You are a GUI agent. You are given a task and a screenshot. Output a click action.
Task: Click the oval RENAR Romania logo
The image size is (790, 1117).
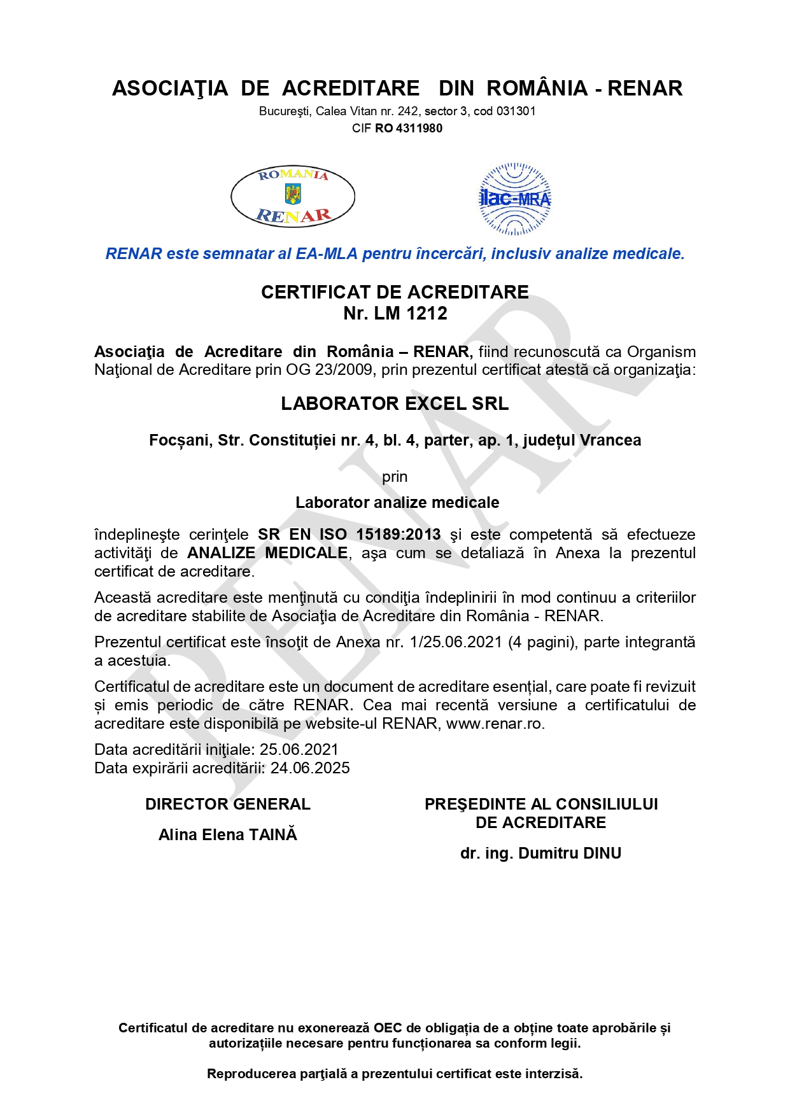click(x=293, y=196)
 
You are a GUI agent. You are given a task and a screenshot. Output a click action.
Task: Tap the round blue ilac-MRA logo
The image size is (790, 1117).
click(x=515, y=199)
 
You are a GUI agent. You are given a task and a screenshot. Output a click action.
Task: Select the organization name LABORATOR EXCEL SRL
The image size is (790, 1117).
click(x=395, y=404)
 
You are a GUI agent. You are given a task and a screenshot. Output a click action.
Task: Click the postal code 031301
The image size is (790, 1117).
click(x=516, y=111)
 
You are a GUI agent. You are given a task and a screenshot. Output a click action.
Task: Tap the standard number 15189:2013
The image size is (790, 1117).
click(x=399, y=535)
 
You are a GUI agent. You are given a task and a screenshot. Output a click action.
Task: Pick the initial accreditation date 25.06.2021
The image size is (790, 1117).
click(x=299, y=749)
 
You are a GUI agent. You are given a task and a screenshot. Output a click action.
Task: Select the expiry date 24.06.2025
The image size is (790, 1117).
click(x=310, y=768)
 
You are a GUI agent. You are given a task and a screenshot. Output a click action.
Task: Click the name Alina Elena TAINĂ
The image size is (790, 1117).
click(x=228, y=834)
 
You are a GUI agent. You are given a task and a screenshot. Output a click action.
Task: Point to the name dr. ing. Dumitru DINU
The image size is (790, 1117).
click(x=540, y=853)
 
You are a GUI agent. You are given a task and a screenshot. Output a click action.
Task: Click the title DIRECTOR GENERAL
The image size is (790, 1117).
click(x=228, y=804)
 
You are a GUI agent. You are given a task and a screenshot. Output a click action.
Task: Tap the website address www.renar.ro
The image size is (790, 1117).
click(x=495, y=723)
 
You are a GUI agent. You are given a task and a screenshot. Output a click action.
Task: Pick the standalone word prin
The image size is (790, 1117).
click(x=395, y=477)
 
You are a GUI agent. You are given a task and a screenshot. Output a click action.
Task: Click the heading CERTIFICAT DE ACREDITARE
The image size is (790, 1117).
click(x=395, y=292)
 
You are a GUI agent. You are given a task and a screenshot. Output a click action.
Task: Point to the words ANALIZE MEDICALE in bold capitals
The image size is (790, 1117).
click(x=267, y=552)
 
